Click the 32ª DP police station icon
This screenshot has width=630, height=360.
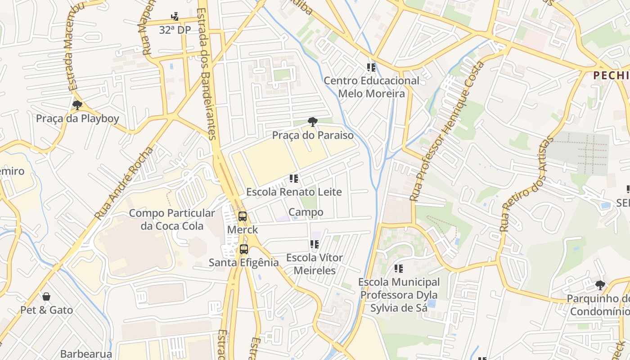pyautogui.click(x=175, y=17)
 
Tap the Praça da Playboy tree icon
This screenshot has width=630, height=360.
pyautogui.click(x=77, y=106)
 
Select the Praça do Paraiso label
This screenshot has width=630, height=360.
pyautogui.click(x=312, y=135)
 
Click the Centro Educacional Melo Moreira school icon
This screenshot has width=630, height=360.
pyautogui.click(x=371, y=68)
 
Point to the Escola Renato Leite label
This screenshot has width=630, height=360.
pyautogui.click(x=294, y=192)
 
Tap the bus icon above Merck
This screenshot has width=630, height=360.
pyautogui.click(x=243, y=216)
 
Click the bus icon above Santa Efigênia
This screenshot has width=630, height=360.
pyautogui.click(x=243, y=249)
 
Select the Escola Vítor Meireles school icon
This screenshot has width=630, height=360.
pyautogui.click(x=315, y=245)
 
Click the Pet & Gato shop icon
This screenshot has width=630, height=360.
pyautogui.click(x=46, y=297)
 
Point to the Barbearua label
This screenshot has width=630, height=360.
pyautogui.click(x=86, y=354)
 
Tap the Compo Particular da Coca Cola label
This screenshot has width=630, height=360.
pyautogui.click(x=172, y=219)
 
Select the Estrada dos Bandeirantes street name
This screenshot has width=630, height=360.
pyautogui.click(x=207, y=74)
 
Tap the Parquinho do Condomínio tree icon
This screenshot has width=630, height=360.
pyautogui.click(x=600, y=285)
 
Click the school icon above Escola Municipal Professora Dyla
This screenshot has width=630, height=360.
pyautogui.click(x=398, y=269)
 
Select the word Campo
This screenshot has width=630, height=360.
pyautogui.click(x=306, y=212)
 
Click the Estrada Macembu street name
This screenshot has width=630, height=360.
pyautogui.click(x=74, y=47)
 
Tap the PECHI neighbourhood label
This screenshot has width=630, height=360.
pyautogui.click(x=611, y=75)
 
